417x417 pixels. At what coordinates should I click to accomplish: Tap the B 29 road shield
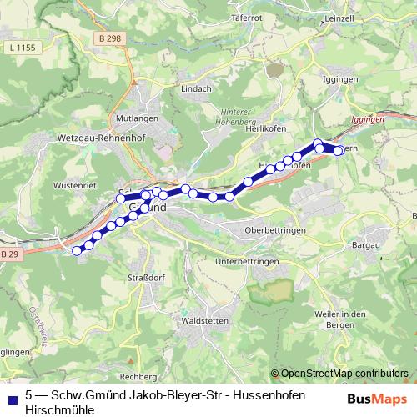(9, 254)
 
